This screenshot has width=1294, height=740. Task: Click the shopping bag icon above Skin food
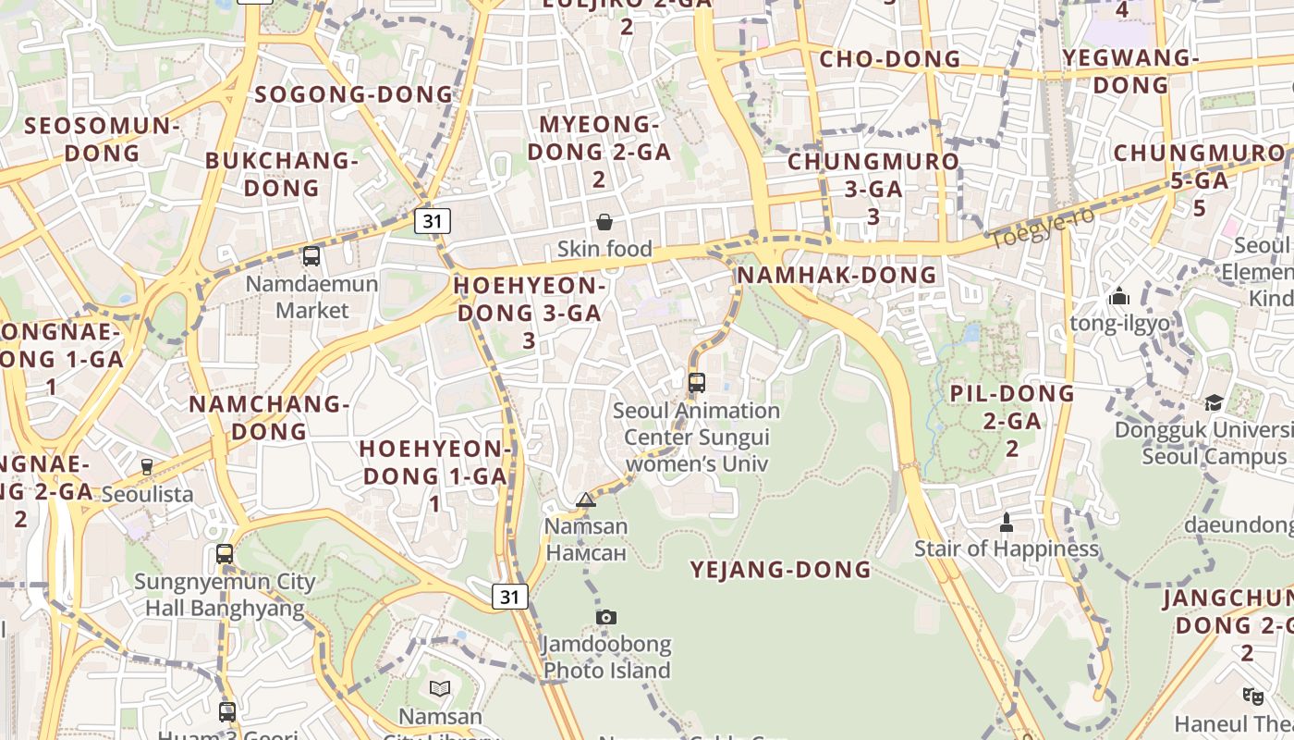tap(604, 222)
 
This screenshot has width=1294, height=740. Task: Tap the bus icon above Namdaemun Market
tap(311, 256)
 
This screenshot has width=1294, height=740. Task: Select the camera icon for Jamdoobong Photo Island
tap(606, 617)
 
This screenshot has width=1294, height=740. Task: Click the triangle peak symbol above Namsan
tap(586, 500)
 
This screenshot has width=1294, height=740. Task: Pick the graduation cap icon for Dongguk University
tap(1214, 403)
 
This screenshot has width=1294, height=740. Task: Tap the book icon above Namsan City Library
tap(440, 688)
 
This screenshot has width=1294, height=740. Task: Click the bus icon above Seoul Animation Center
tap(697, 382)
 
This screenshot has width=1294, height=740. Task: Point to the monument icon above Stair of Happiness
tap(1007, 524)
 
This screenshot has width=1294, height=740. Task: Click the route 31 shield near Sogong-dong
tap(433, 220)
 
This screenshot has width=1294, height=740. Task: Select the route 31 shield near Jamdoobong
tap(509, 597)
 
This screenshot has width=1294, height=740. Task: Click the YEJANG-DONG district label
tap(781, 569)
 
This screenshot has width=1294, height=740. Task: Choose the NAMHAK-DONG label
tap(836, 275)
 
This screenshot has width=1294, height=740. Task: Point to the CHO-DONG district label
tap(890, 59)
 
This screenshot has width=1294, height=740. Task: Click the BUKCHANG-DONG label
tap(281, 174)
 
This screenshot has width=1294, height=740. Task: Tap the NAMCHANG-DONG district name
tap(269, 417)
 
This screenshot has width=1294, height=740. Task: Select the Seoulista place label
tap(148, 494)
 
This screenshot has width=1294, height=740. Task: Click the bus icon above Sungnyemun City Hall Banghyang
tap(225, 554)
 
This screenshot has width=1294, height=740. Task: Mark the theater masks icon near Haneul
tap(1252, 695)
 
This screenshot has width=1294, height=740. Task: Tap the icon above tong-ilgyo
tap(1119, 297)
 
